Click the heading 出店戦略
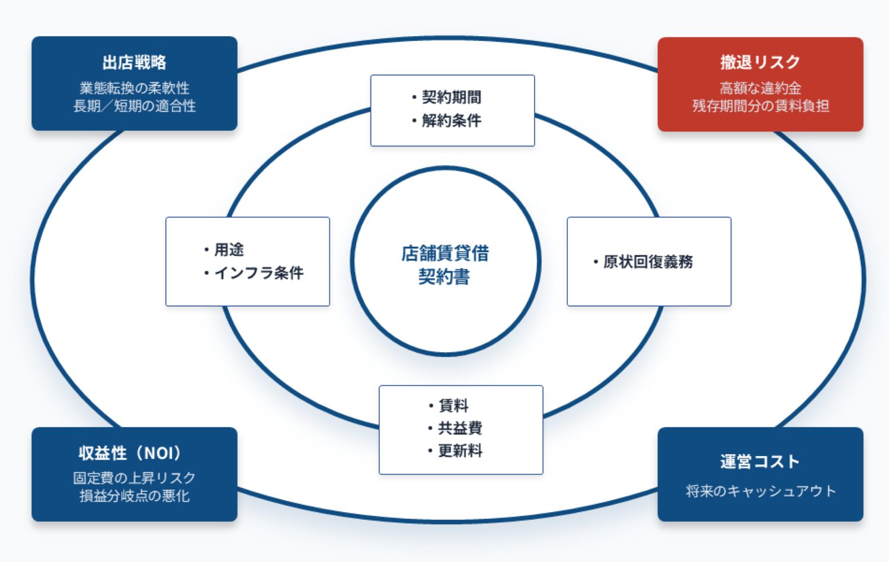pyautogui.click(x=134, y=63)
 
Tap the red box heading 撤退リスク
pyautogui.click(x=760, y=62)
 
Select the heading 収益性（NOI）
pyautogui.click(x=130, y=454)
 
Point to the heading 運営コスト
pyautogui.click(x=760, y=462)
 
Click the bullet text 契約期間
pyautogui.click(x=451, y=97)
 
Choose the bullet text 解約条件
pyautogui.click(x=451, y=121)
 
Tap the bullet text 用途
pyautogui.click(x=229, y=250)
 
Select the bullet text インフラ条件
pyautogui.click(x=258, y=273)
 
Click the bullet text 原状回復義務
pyautogui.click(x=648, y=262)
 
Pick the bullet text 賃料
pyautogui.click(x=453, y=406)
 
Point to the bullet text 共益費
pyautogui.click(x=460, y=428)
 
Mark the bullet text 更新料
pyautogui.click(x=460, y=451)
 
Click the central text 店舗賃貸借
pyautogui.click(x=445, y=253)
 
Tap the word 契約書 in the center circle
pyautogui.click(x=444, y=277)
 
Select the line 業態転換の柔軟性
pyautogui.click(x=135, y=88)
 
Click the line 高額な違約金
pyautogui.click(x=760, y=88)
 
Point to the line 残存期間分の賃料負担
pyautogui.click(x=760, y=106)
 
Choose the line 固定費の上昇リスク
pyautogui.click(x=135, y=478)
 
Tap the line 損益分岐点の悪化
pyautogui.click(x=135, y=496)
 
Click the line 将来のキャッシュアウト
pyautogui.click(x=760, y=491)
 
